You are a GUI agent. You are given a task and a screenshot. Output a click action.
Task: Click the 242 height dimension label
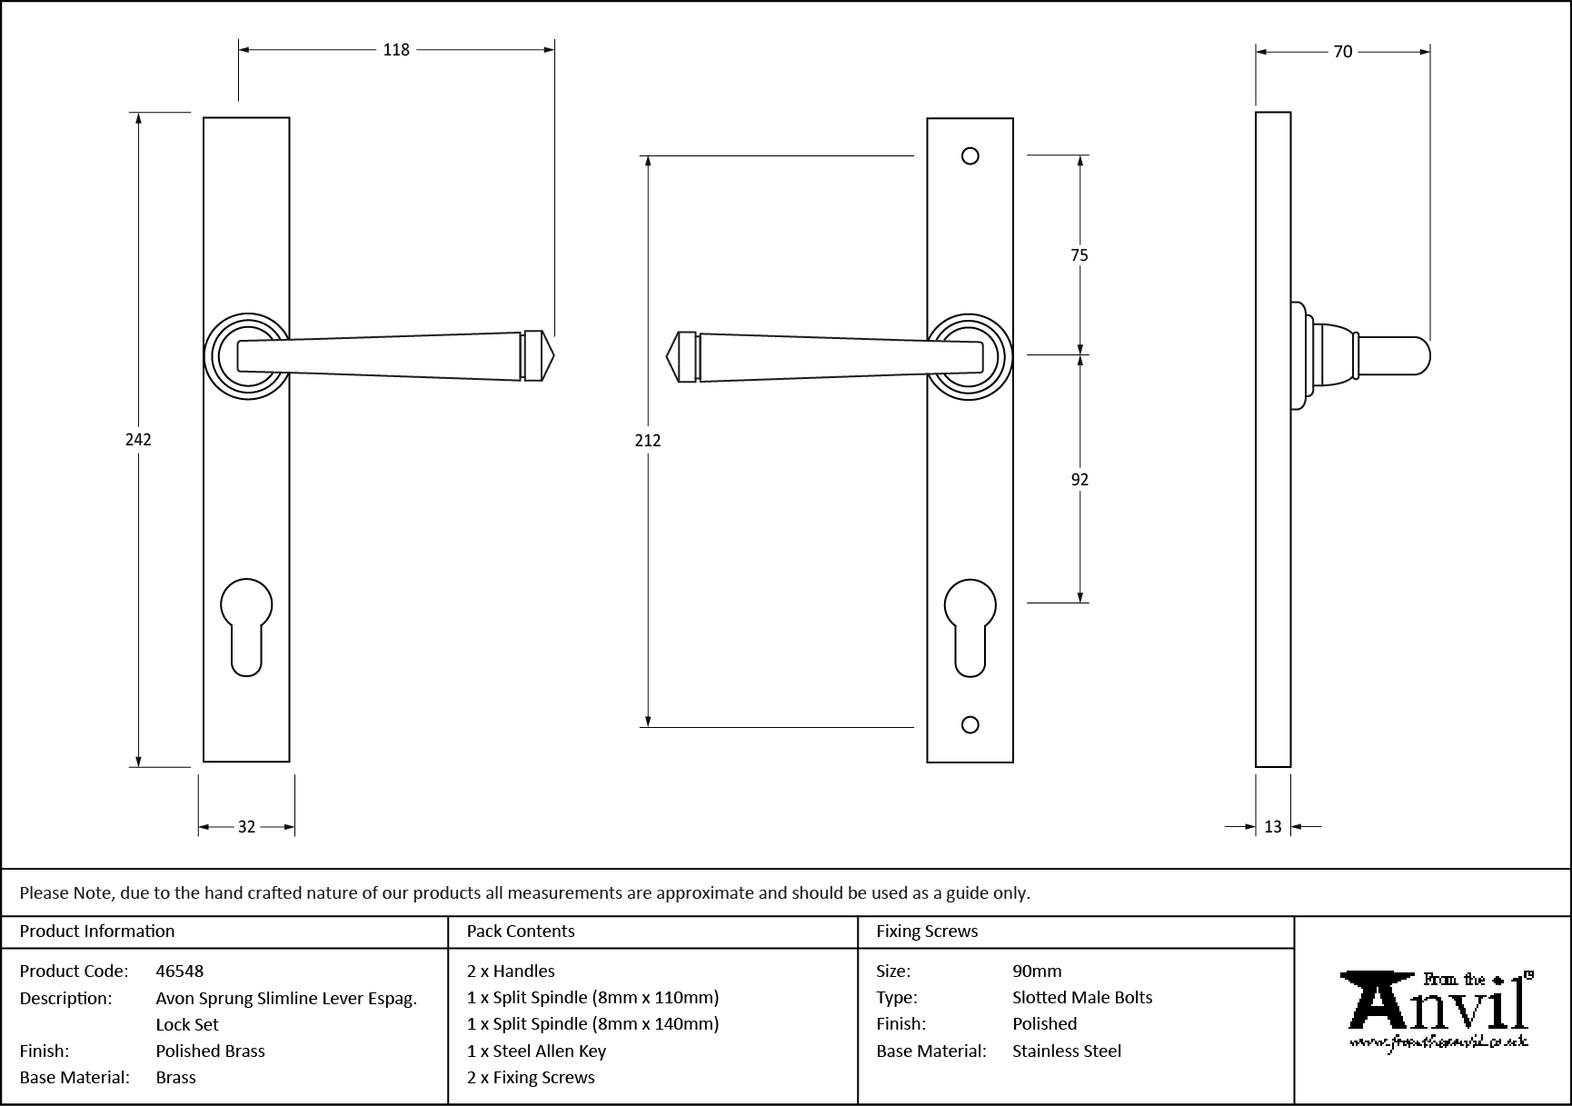point(138,440)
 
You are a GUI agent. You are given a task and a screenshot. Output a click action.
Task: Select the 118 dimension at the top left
point(396,50)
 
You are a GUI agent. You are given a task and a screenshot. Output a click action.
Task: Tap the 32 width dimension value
point(246,827)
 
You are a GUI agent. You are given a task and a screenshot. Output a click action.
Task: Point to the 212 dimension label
point(647,441)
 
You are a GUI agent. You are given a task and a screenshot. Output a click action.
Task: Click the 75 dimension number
point(1079,255)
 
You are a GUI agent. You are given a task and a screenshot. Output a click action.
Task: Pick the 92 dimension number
point(1080,480)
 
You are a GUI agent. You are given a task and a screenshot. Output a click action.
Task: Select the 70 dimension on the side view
point(1343,52)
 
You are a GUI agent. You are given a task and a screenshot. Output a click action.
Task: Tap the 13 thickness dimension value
point(1272,827)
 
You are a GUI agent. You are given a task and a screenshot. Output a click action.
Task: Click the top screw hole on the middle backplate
point(970,156)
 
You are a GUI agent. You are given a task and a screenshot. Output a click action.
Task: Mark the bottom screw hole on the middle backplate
point(970,724)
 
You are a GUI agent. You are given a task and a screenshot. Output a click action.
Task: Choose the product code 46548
point(179,971)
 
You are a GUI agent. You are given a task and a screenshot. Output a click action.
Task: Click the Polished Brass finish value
point(210,1051)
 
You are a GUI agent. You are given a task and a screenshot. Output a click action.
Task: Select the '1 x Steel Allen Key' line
point(536,1051)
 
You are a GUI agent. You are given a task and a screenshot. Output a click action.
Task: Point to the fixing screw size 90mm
point(1037,971)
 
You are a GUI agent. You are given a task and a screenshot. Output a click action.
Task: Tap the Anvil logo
point(1436,1011)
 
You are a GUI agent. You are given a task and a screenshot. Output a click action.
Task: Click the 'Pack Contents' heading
point(521,932)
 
